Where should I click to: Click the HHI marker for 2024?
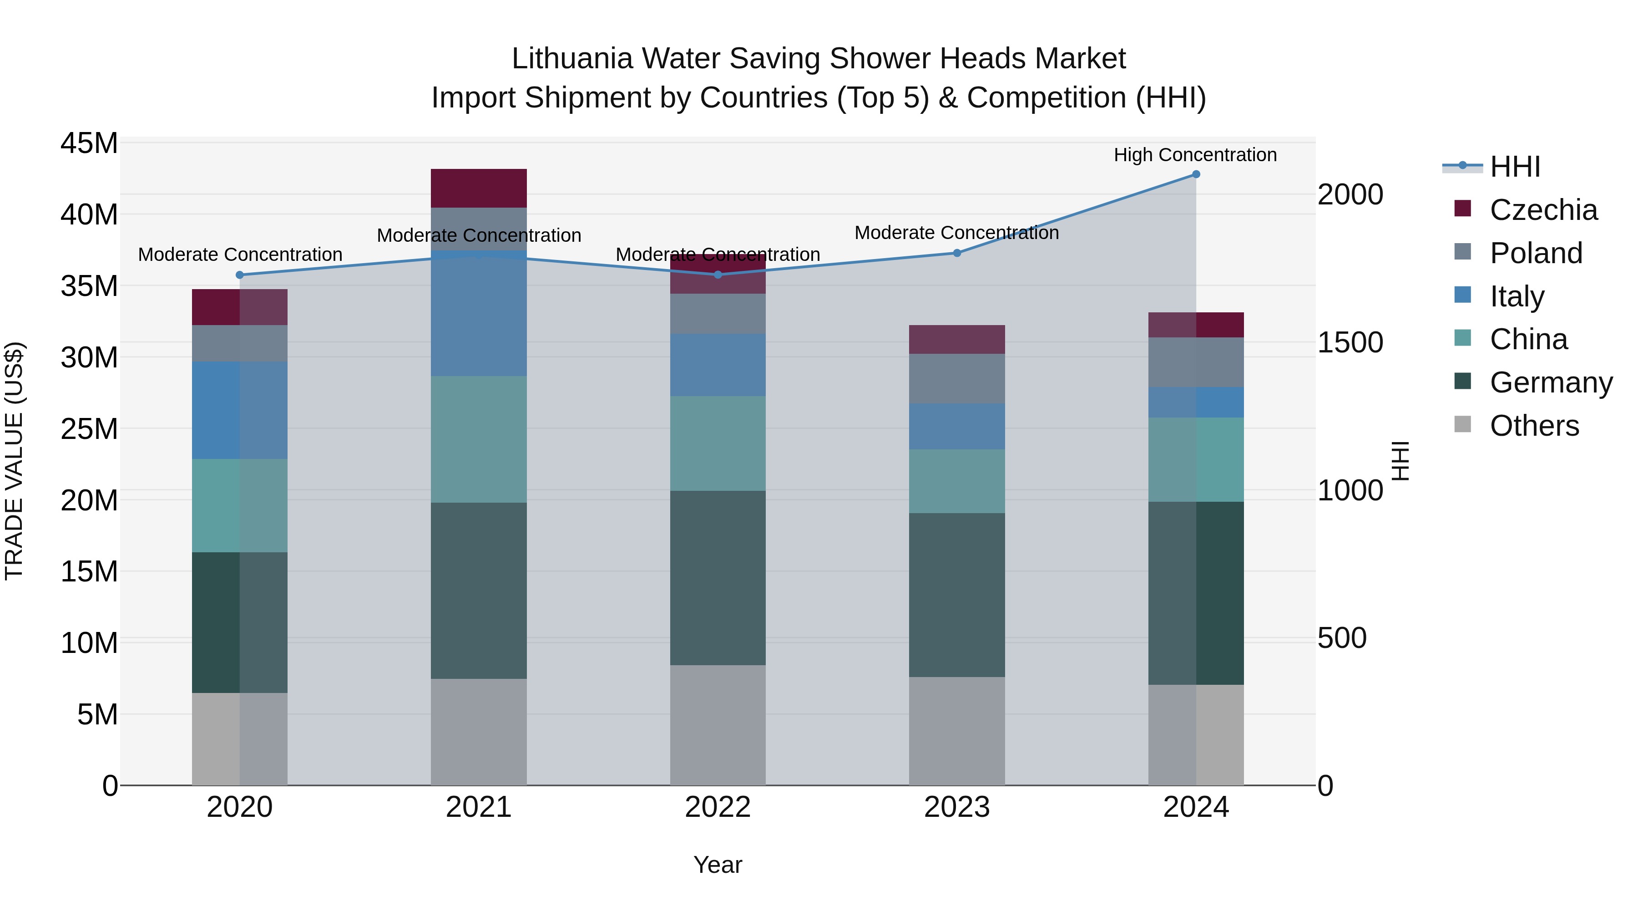(x=1195, y=174)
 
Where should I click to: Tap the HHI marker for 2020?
(x=240, y=275)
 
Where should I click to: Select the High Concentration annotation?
(x=1195, y=155)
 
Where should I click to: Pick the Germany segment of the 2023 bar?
(x=956, y=595)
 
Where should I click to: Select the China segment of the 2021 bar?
(x=479, y=439)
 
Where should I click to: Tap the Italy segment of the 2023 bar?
(x=956, y=426)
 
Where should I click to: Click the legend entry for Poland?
(x=1535, y=253)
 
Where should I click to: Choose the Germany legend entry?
(x=1550, y=382)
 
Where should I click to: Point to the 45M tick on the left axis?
(x=89, y=143)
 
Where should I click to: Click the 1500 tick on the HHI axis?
(x=1350, y=342)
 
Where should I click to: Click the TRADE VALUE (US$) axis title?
(x=14, y=461)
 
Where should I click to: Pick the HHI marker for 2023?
(x=956, y=253)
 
